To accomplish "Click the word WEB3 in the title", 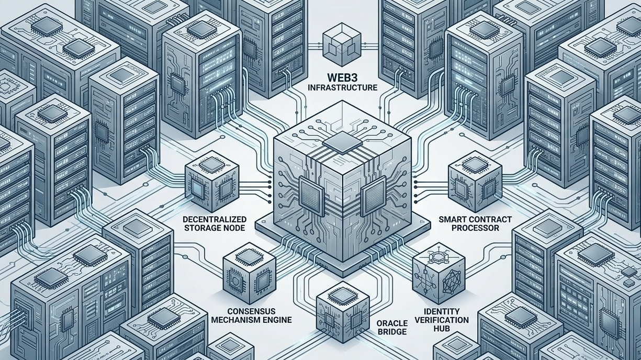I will [x=343, y=75].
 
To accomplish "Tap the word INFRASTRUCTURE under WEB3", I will [x=343, y=87].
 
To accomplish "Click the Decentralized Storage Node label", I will [x=215, y=223].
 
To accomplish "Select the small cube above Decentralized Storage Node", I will [x=212, y=178].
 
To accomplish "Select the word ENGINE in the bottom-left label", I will [x=277, y=319].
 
